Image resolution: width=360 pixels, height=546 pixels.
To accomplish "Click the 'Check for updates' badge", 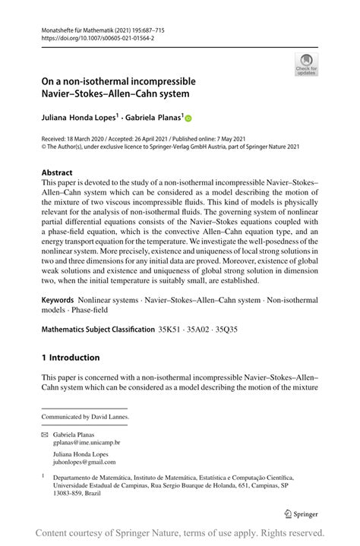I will click(x=306, y=65).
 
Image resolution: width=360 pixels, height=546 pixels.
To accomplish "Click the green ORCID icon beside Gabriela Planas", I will click(x=189, y=118).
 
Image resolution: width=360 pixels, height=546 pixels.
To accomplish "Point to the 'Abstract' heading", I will click(x=57, y=172).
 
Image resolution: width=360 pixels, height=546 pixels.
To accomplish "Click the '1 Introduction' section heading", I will click(x=71, y=358).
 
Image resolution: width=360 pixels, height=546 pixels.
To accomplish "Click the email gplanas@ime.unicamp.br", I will click(x=87, y=442).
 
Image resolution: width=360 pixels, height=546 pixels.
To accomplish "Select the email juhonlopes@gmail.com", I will click(x=84, y=462).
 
